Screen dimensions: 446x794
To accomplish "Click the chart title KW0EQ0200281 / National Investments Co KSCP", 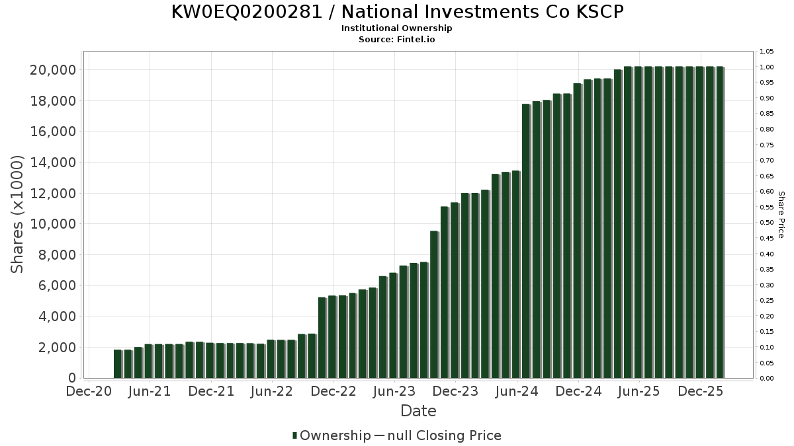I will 397,12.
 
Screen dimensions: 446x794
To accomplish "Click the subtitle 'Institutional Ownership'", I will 397,28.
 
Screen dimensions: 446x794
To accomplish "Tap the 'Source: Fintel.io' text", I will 397,39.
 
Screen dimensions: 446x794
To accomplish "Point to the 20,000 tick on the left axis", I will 53,70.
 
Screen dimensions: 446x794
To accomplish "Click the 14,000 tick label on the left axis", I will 53,163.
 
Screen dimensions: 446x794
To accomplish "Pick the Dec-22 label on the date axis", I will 333,391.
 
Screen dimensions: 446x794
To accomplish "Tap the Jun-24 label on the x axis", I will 517,391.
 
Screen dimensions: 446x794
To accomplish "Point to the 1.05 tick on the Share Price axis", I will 767,52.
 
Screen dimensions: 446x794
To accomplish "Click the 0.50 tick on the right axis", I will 767,223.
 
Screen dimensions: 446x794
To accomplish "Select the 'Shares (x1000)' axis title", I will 17,214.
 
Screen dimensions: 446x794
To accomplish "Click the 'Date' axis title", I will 418,411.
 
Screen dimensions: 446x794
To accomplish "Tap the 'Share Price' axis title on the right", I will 781,214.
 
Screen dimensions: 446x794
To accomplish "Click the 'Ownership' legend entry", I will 335,435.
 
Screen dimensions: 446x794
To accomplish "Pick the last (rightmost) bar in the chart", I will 720,222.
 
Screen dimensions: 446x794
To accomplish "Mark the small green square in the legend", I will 294,435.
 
